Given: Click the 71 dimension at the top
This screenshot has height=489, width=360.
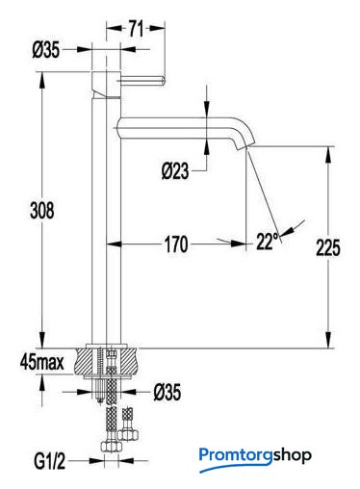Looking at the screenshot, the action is coord(136,28).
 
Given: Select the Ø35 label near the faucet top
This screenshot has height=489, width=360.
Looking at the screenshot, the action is coord(46,50).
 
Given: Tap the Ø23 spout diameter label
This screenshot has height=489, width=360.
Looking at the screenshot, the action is coord(175,171).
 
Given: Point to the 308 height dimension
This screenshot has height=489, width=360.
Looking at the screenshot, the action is coord(42,211).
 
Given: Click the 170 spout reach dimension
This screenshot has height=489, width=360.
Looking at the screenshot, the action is coord(176,244).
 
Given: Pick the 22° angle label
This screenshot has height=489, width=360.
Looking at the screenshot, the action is coord(268,241).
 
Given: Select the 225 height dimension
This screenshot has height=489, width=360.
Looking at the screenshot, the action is coord(328,247).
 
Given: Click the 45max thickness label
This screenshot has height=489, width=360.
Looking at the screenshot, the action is coord(42,363).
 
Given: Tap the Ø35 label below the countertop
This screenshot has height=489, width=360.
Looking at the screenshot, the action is coord(167,392).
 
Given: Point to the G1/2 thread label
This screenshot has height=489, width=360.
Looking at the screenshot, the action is coord(50,462).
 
